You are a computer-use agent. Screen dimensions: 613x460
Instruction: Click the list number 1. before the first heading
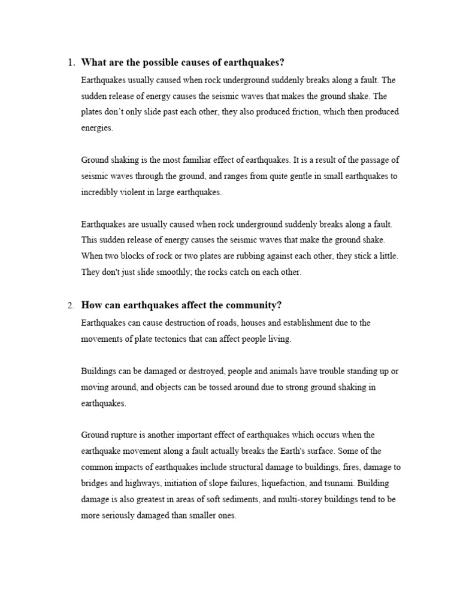pos(71,63)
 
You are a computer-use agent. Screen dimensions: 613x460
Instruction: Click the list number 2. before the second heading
pos(71,306)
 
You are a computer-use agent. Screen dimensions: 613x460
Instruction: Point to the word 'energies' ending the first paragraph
pos(96,128)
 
